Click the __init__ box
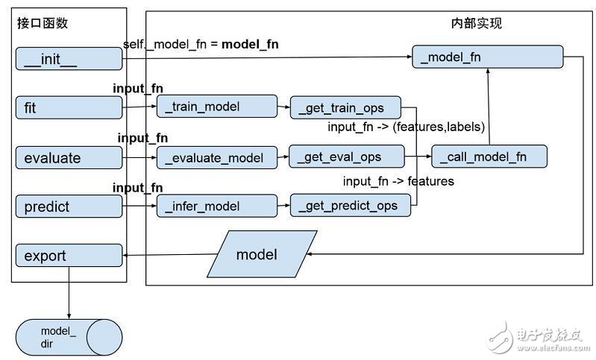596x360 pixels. (69, 59)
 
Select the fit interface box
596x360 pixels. (69, 108)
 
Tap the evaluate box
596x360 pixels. (69, 157)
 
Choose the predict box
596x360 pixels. (69, 206)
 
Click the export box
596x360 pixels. (69, 256)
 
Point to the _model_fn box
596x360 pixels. (487, 57)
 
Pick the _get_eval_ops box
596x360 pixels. (346, 157)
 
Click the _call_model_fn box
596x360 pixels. (489, 157)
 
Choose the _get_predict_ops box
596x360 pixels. (351, 206)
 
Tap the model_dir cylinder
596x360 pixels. (69, 336)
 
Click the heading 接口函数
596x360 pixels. (43, 23)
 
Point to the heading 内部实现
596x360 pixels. (477, 23)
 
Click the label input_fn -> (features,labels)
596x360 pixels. (407, 127)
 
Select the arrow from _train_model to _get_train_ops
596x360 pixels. (283, 107)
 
